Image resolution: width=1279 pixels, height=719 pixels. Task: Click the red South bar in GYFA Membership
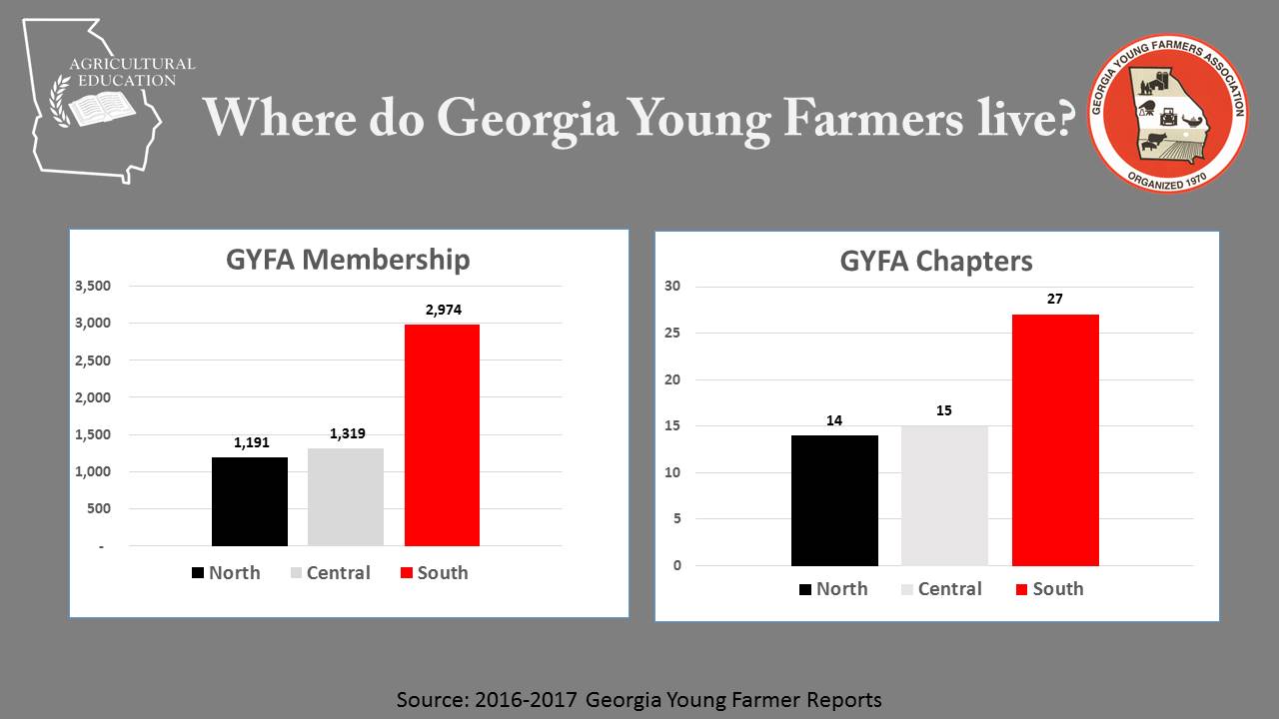click(442, 434)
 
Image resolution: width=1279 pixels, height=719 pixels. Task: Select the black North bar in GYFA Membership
click(250, 501)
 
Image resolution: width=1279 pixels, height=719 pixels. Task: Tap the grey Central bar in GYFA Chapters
click(944, 495)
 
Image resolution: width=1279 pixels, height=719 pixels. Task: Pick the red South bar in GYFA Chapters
click(1055, 439)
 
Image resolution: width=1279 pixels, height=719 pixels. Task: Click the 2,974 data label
click(442, 310)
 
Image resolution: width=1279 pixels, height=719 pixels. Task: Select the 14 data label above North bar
click(834, 420)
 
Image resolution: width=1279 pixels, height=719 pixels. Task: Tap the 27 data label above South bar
click(1055, 299)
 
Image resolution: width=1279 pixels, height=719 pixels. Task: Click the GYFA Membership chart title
click(347, 260)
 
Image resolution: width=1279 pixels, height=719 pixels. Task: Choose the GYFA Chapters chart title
click(936, 262)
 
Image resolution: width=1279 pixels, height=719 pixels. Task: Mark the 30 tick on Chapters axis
click(672, 287)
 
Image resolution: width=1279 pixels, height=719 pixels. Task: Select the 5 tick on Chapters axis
click(676, 519)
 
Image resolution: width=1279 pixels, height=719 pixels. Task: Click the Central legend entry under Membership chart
click(330, 573)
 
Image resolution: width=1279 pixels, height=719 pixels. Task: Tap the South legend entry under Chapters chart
click(1049, 589)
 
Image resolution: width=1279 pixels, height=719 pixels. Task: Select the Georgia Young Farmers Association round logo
click(1167, 114)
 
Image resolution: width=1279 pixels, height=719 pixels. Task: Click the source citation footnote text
click(639, 699)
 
